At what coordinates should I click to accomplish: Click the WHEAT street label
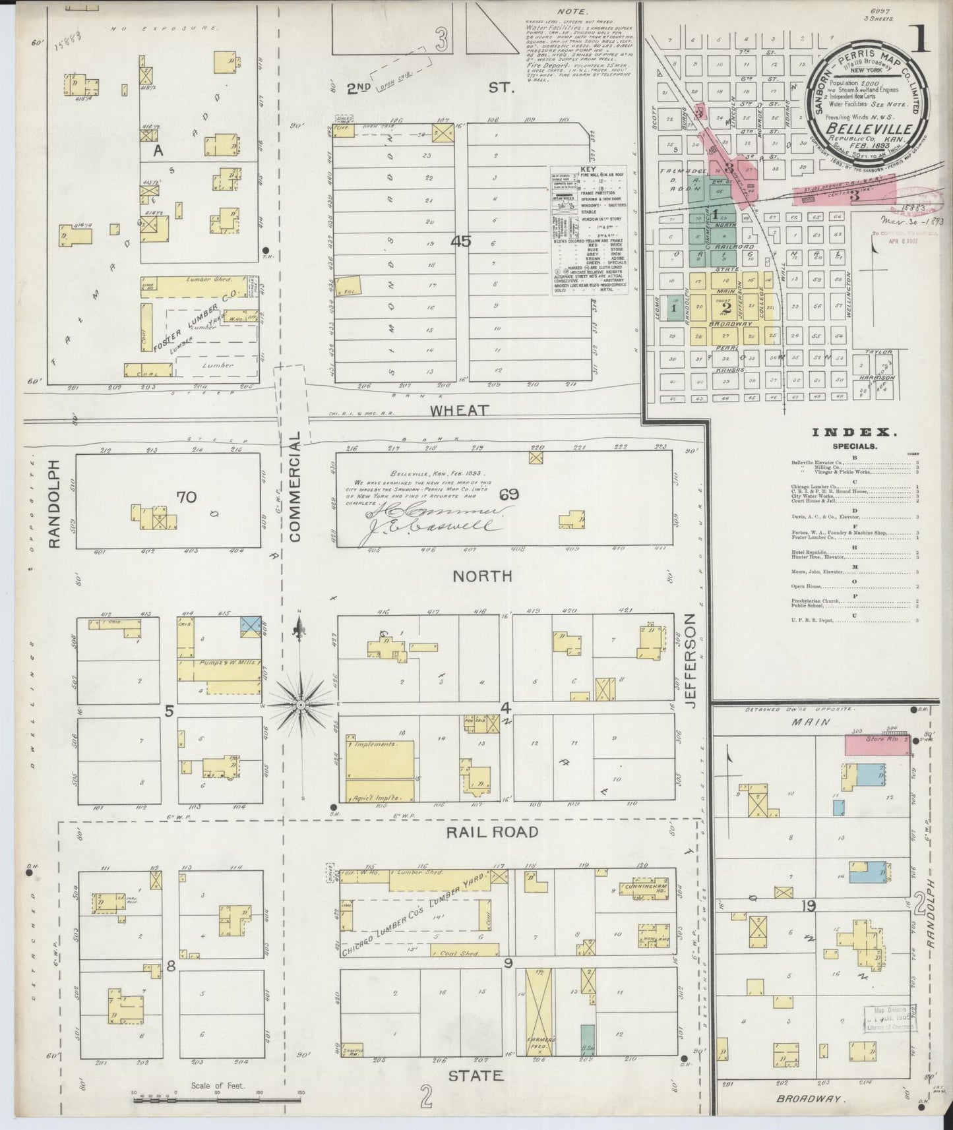[460, 410]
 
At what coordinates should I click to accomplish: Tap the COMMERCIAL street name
[295, 487]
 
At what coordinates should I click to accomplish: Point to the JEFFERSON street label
[691, 661]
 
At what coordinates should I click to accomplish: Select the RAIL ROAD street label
[493, 832]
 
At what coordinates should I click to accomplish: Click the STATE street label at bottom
[476, 1076]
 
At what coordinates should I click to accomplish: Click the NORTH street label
[482, 576]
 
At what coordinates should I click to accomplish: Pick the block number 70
[186, 496]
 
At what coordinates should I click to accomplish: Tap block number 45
[461, 242]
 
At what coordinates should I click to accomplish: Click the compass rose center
[301, 705]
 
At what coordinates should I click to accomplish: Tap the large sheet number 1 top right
[921, 39]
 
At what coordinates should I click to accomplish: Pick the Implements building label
[375, 744]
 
